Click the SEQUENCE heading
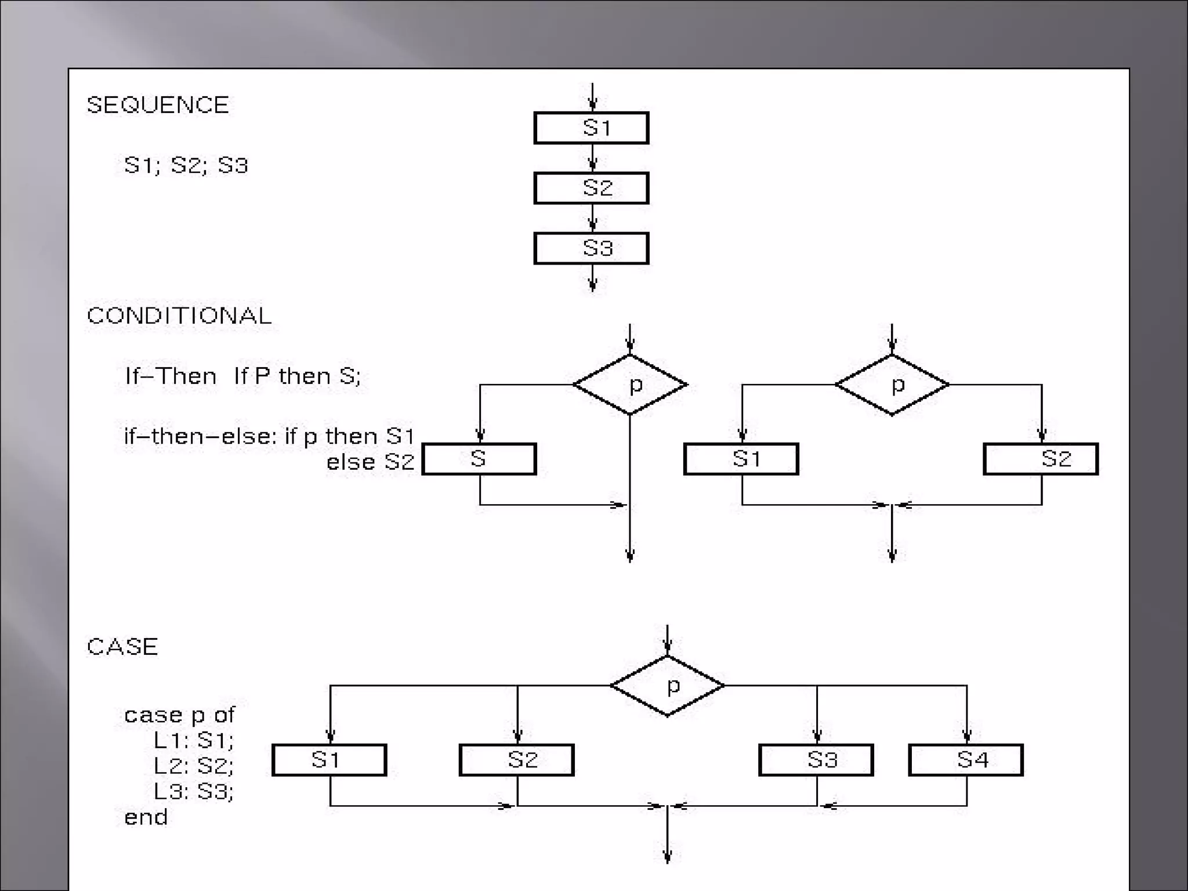pos(158,105)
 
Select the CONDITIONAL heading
pos(179,316)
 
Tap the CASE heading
pos(122,647)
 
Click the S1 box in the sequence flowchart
pos(591,128)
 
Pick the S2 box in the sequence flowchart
pos(591,188)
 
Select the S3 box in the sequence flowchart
pos(591,248)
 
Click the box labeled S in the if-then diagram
pos(479,459)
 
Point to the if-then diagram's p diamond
pos(631,385)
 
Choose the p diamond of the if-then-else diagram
pos(892,385)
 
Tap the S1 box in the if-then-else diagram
pos(741,459)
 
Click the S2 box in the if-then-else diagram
pos(1041,459)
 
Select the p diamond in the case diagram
pos(668,686)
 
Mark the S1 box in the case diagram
pos(329,760)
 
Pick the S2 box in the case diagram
pos(517,760)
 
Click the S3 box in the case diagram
pos(816,760)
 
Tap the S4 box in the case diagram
pos(966,760)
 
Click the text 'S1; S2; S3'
pos(186,165)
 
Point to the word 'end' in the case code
pos(146,817)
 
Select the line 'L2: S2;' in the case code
pos(193,766)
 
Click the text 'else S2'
pos(371,462)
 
